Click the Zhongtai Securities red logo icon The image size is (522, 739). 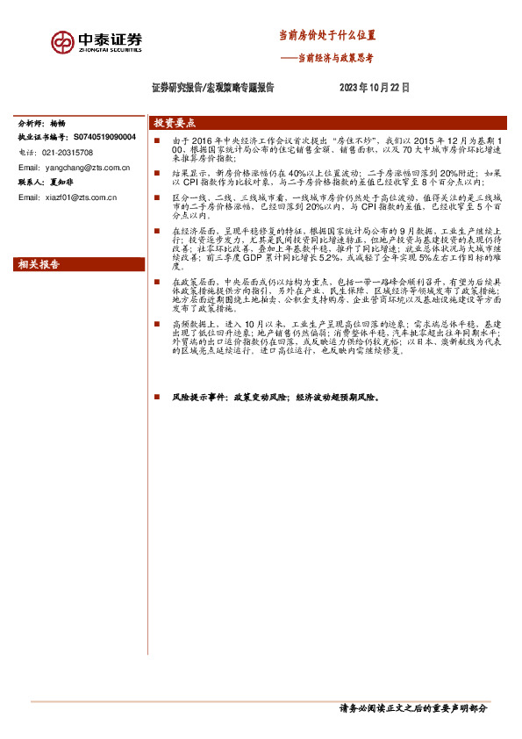click(x=61, y=41)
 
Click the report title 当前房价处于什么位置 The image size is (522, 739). click(x=326, y=36)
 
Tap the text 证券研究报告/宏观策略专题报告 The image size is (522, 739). click(x=213, y=88)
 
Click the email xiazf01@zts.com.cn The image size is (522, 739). click(x=79, y=197)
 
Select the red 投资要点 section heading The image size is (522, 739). click(x=174, y=124)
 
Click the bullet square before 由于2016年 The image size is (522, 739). click(x=156, y=140)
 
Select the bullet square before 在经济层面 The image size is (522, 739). click(x=156, y=230)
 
